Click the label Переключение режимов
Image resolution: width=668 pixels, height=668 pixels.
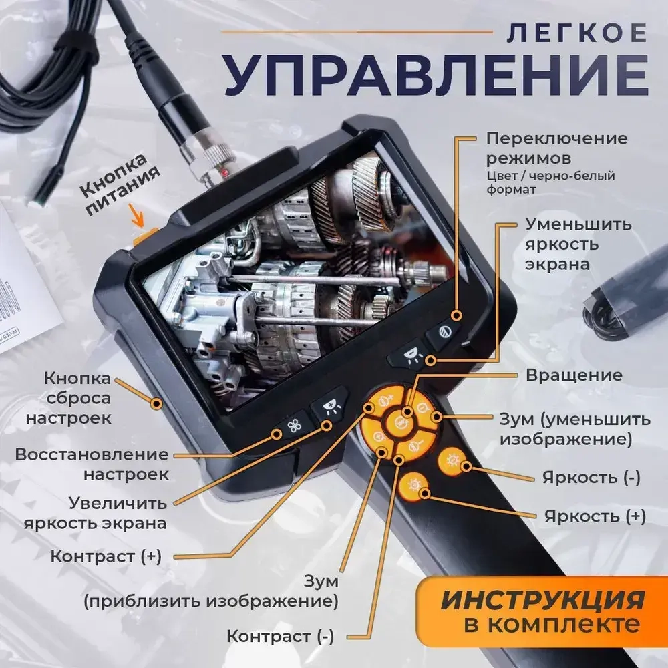(x=556, y=149)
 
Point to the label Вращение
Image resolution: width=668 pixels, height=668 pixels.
(x=573, y=375)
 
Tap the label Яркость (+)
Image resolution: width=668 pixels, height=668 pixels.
(x=595, y=516)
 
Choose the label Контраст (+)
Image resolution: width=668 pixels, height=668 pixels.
(x=106, y=556)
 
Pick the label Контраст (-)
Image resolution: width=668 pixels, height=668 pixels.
(x=280, y=636)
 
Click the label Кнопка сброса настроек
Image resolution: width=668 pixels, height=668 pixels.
(x=77, y=398)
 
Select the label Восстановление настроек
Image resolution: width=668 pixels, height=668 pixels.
(x=92, y=464)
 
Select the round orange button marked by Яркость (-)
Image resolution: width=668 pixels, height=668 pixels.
(x=451, y=462)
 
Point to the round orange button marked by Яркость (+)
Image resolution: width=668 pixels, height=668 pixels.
(x=411, y=485)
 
